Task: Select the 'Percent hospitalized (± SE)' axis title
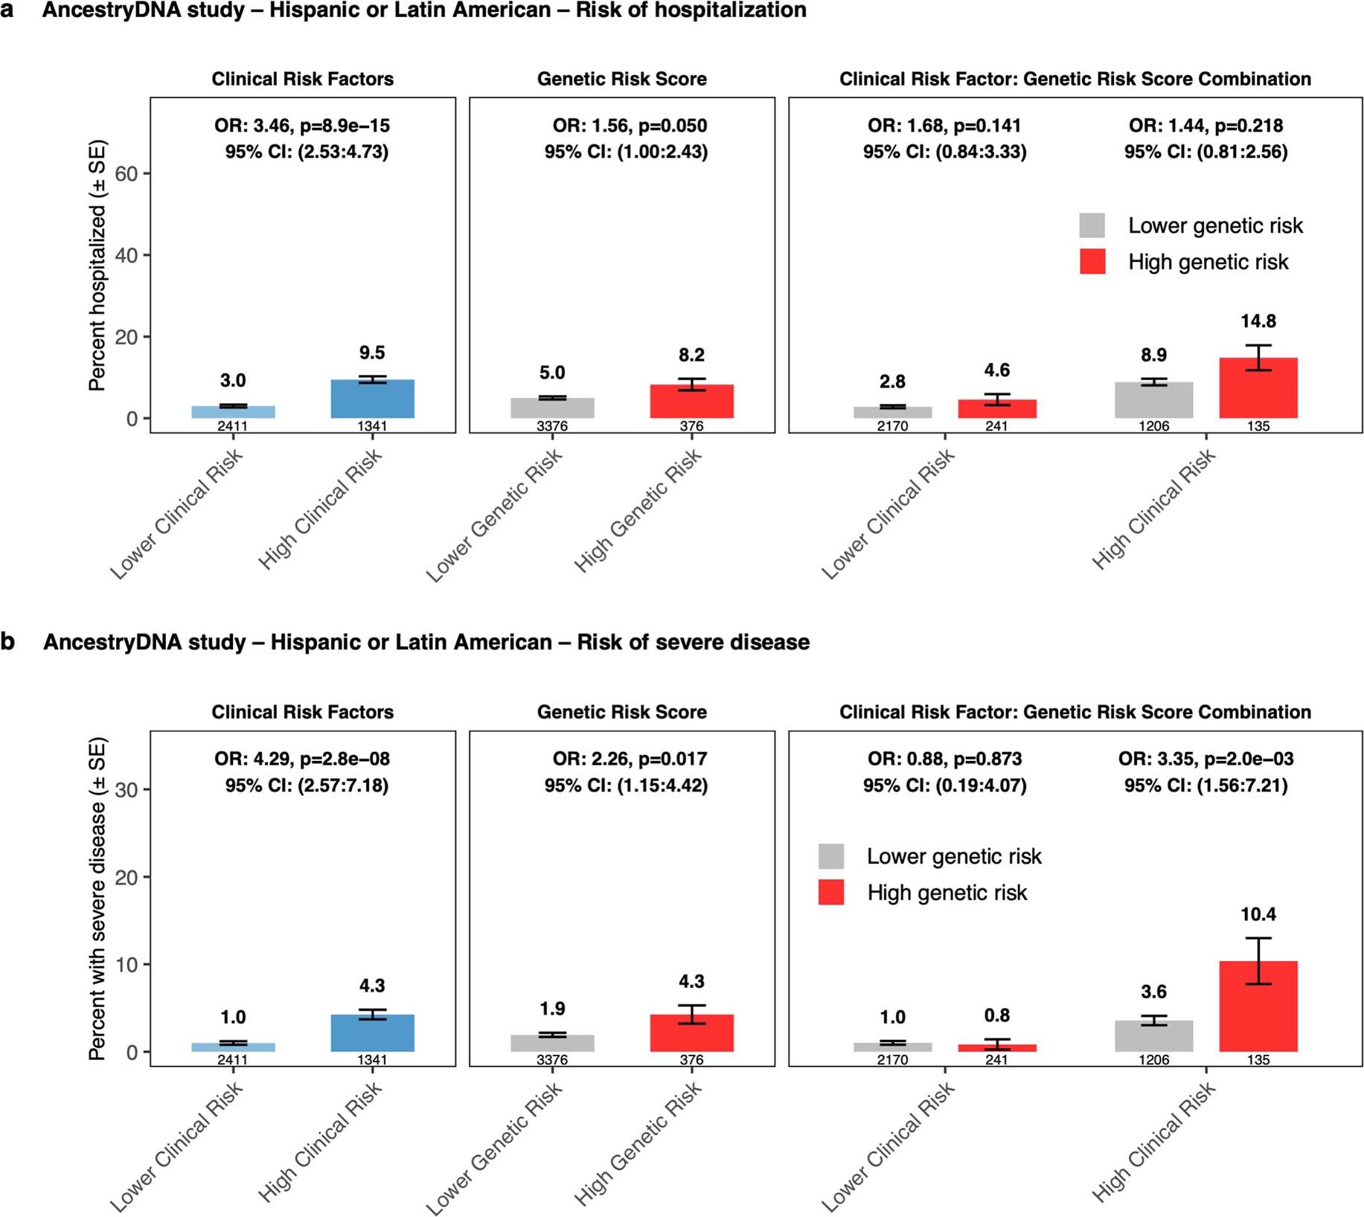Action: click(97, 265)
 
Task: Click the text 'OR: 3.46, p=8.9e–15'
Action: click(302, 126)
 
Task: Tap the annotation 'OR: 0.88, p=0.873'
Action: click(944, 759)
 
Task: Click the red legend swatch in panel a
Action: click(1092, 262)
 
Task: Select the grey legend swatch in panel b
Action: click(830, 856)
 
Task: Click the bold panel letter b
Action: click(8, 641)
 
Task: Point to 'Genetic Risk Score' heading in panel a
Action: click(621, 79)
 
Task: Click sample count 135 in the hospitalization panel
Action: click(1258, 426)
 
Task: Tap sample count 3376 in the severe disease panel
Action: click(551, 1059)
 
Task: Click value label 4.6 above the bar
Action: click(996, 370)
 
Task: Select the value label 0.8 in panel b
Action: click(996, 1015)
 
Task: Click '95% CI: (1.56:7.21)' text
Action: click(1205, 786)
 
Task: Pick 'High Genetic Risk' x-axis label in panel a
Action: click(638, 510)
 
